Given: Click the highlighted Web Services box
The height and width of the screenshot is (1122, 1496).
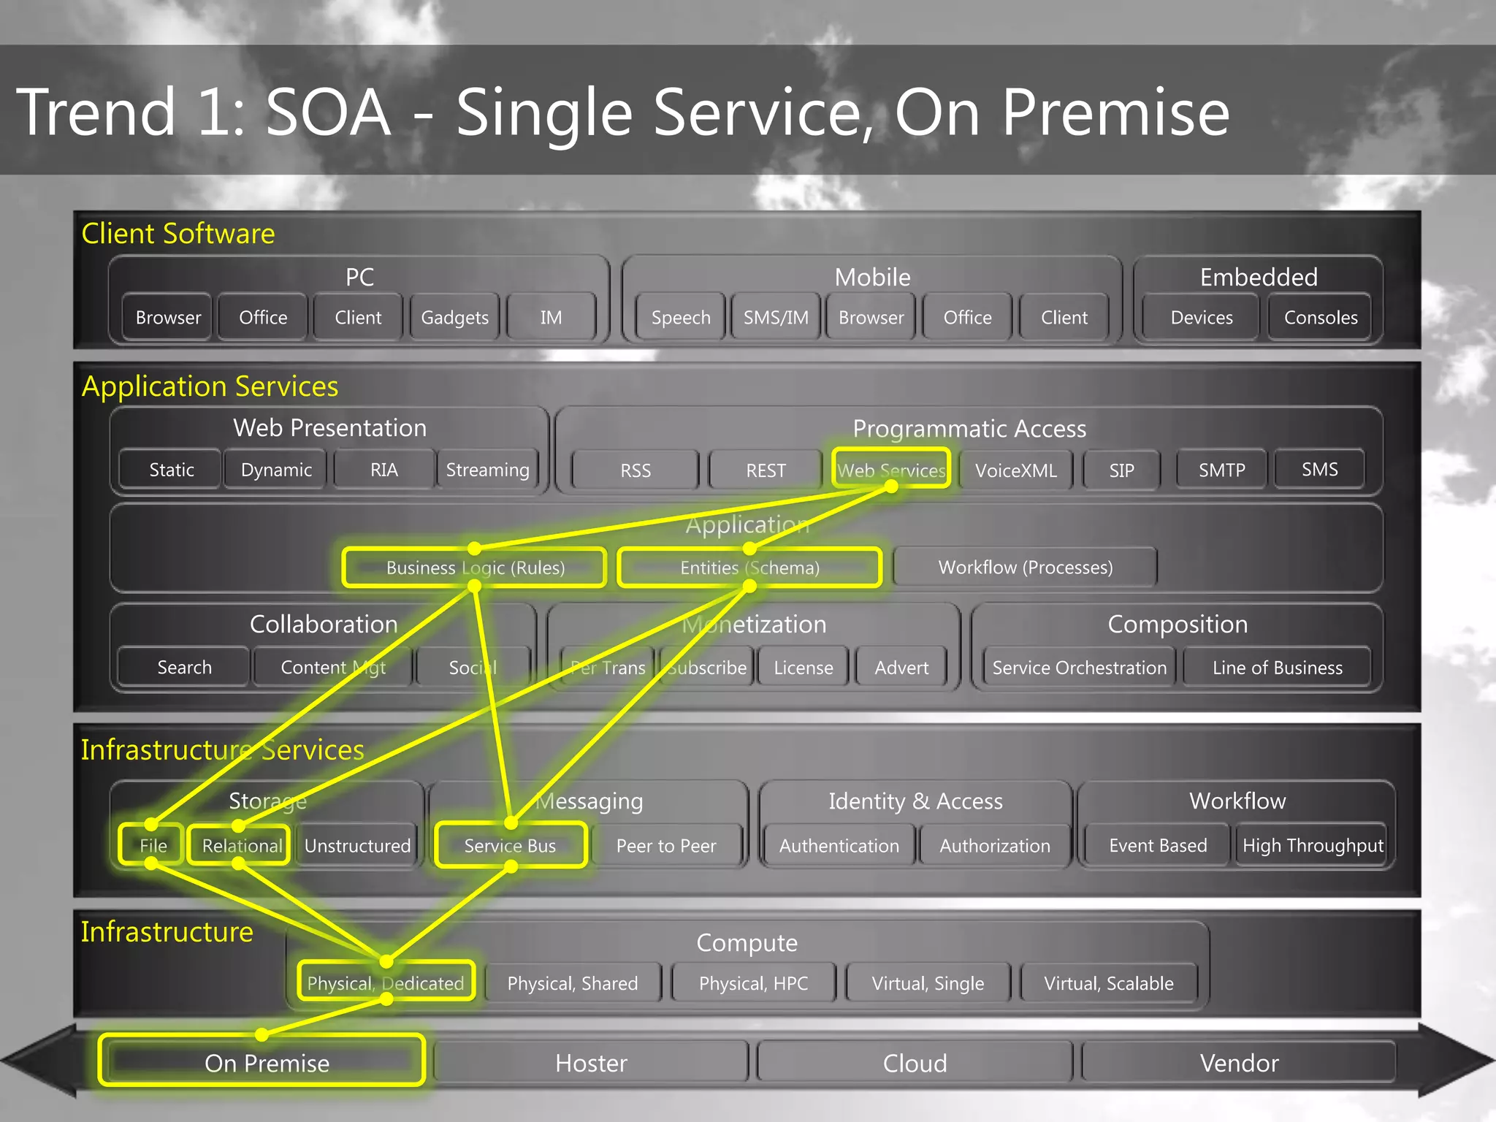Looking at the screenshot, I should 891,470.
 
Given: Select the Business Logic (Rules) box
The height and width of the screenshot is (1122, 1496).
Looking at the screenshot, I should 475,568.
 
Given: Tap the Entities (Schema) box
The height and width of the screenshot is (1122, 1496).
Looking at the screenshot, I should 749,568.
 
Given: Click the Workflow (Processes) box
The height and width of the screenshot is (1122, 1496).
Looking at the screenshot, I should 1025,568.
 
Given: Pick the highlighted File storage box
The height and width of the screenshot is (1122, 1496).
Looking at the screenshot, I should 152,845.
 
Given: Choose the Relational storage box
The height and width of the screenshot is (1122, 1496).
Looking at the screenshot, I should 240,845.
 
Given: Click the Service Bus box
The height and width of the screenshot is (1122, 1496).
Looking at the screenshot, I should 510,845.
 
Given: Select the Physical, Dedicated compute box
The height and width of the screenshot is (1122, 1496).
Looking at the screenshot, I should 386,982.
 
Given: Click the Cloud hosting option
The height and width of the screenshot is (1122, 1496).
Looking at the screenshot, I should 915,1062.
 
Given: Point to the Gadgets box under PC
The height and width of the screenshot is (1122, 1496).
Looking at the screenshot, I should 454,318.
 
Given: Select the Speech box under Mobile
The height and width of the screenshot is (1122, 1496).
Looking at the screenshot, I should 681,318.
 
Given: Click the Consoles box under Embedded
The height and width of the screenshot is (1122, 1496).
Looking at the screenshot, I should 1321,318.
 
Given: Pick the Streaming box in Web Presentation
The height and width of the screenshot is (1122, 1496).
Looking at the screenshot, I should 487,470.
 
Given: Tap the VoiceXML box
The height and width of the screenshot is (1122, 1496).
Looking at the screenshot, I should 1015,470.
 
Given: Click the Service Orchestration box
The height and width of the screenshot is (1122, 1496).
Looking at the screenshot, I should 1079,668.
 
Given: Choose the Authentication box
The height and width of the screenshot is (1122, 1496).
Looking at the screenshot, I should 839,845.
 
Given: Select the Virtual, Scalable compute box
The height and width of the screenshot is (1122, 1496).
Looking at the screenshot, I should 1108,983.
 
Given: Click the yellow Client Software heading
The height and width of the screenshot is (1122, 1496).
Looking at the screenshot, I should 178,234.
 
